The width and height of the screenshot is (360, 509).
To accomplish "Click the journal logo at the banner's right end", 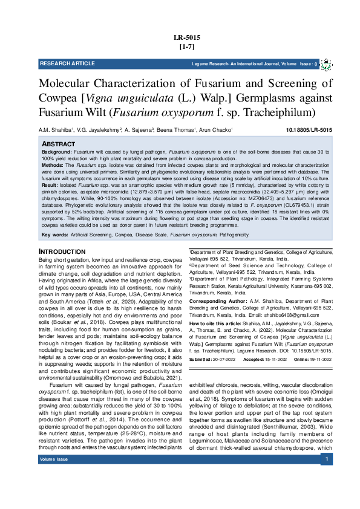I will point(326,63).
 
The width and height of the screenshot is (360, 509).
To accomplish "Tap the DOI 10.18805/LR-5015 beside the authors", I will point(309,130).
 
